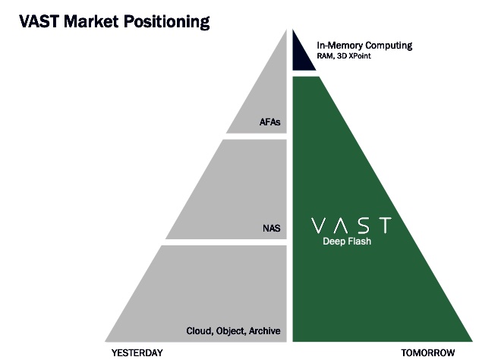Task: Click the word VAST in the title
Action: (x=39, y=21)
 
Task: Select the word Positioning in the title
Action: (x=167, y=22)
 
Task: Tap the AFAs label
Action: (x=270, y=122)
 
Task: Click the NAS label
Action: (x=272, y=229)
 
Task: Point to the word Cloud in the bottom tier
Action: (x=200, y=331)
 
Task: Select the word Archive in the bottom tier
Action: (x=265, y=331)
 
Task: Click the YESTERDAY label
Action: (x=137, y=353)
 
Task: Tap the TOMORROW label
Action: (x=428, y=353)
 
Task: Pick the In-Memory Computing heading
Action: (x=364, y=46)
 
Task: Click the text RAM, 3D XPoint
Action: (x=344, y=56)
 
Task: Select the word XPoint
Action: (x=360, y=56)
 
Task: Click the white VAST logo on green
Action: (x=351, y=225)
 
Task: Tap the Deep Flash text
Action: (x=347, y=242)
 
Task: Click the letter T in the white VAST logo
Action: (x=383, y=225)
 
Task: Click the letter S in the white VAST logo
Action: (x=363, y=225)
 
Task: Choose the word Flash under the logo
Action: (x=359, y=241)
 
